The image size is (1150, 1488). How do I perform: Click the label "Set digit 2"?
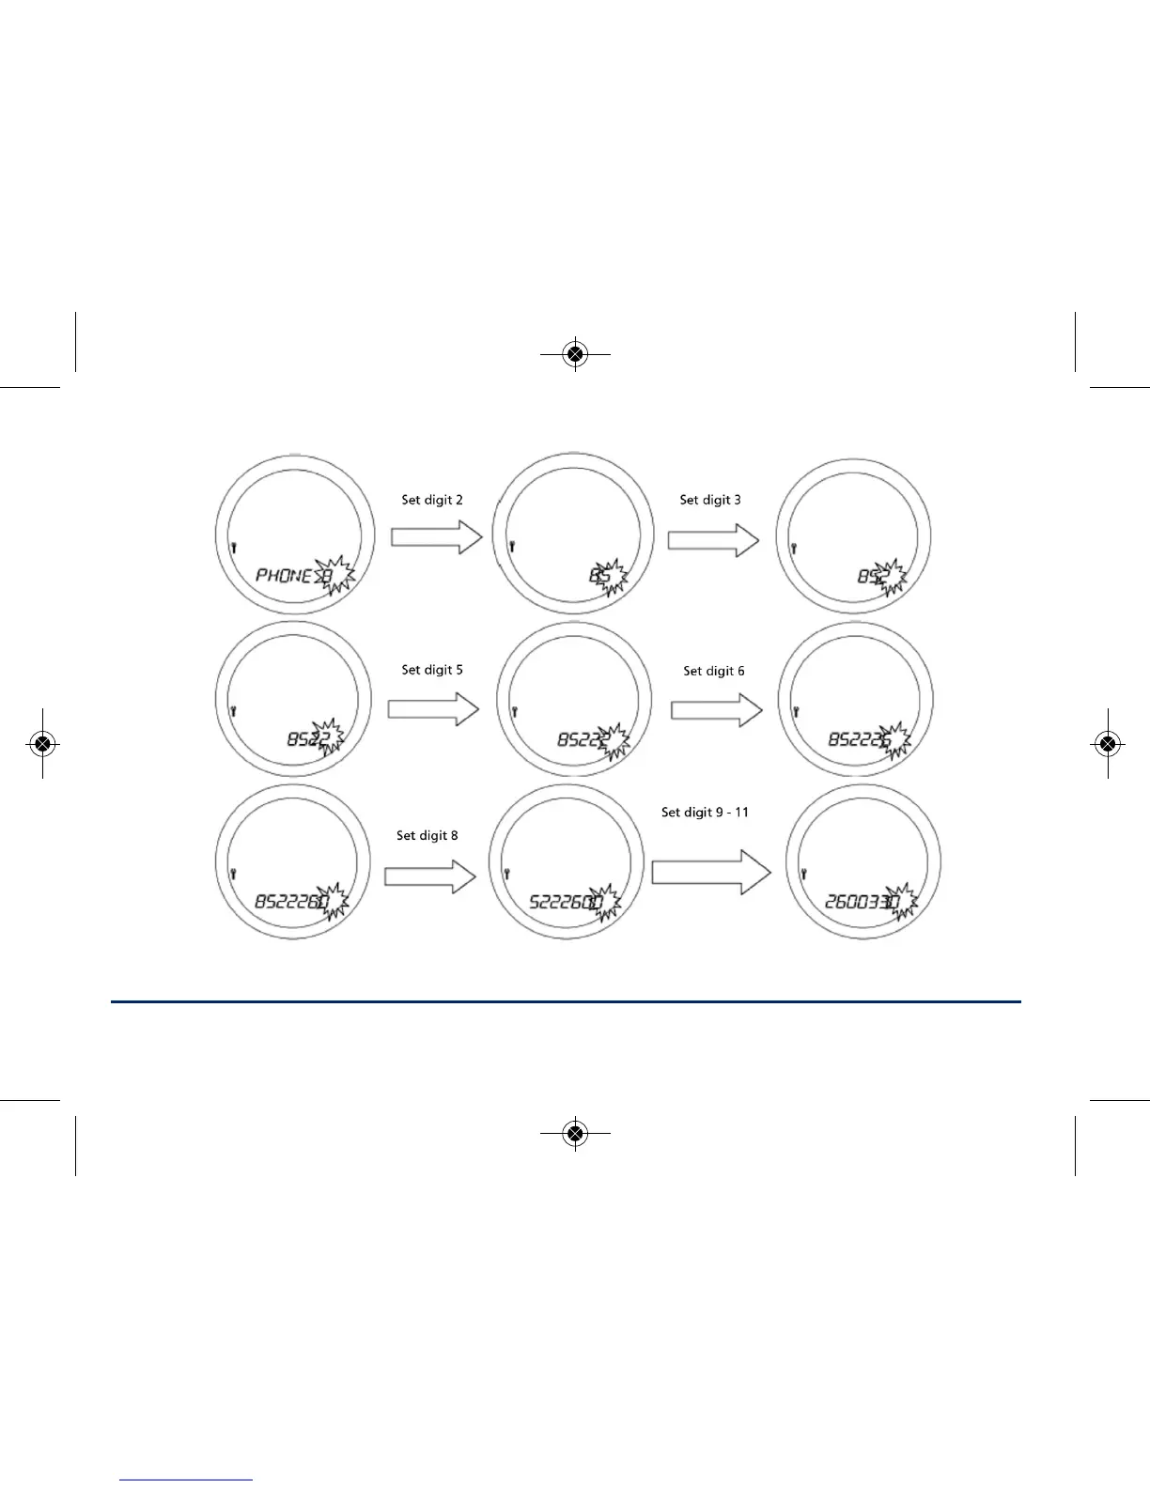(432, 500)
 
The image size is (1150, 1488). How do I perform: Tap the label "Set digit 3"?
(710, 500)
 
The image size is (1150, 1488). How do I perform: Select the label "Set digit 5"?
(432, 670)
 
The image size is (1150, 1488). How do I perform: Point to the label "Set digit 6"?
(714, 671)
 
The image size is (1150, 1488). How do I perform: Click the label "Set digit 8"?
(427, 835)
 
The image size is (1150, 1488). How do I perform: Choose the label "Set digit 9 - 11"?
(705, 812)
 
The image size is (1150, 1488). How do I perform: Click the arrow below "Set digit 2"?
(436, 537)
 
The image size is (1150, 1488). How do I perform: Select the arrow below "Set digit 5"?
(433, 708)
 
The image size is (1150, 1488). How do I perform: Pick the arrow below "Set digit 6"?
(716, 710)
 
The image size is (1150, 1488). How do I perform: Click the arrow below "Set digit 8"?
(430, 876)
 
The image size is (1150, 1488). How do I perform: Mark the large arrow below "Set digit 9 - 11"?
(710, 873)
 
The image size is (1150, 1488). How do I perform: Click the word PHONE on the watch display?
(283, 575)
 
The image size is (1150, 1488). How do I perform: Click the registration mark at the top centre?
(576, 354)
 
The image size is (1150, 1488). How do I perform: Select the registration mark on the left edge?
(41, 744)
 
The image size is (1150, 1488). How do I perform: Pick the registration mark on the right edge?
(1109, 744)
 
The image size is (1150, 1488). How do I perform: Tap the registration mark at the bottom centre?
(576, 1134)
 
